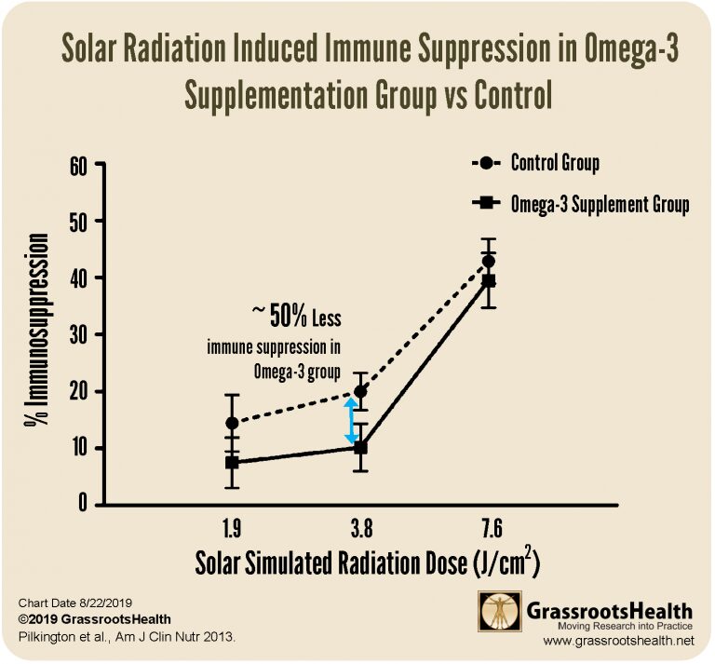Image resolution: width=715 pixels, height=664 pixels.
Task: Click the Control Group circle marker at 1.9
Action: [231, 423]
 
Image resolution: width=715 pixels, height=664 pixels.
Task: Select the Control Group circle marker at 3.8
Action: [360, 392]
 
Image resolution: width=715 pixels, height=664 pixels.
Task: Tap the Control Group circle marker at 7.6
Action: [488, 262]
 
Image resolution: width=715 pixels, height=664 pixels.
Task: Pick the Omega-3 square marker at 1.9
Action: [231, 462]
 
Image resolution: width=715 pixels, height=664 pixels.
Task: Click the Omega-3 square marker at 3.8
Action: [360, 447]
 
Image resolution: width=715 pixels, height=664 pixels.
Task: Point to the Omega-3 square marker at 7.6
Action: [488, 280]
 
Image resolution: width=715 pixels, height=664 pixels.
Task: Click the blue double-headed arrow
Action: [352, 421]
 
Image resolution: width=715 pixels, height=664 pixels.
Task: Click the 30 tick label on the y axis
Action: [81, 334]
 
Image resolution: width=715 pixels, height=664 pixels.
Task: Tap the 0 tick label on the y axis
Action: [86, 505]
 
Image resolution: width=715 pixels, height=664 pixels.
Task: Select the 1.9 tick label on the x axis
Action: [231, 531]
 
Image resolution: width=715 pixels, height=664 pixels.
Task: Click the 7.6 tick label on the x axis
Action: [490, 531]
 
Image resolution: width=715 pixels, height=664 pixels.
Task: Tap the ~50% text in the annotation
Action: [278, 318]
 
